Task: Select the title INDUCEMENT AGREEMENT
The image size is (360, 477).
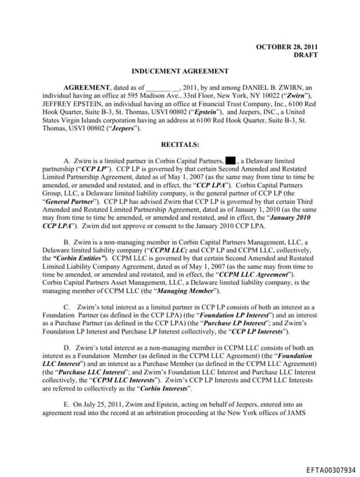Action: click(x=180, y=71)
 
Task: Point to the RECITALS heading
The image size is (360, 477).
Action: click(x=181, y=144)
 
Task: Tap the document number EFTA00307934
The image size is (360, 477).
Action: click(x=331, y=469)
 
